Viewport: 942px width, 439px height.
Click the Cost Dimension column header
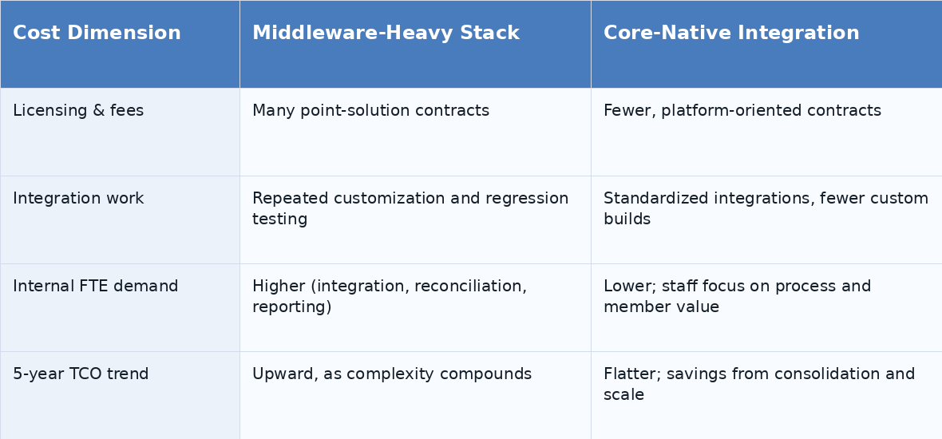(97, 33)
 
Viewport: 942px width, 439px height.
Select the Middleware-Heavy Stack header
(386, 33)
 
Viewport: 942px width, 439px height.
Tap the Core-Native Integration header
(731, 33)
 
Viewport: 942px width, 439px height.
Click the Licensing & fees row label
(78, 110)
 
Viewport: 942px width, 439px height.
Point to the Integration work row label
(78, 198)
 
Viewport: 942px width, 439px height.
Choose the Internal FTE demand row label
(96, 286)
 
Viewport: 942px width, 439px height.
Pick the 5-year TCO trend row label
(81, 374)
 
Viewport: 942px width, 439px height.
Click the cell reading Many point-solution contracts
(370, 110)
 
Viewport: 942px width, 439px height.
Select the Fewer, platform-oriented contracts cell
(742, 110)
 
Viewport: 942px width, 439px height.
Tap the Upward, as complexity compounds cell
(392, 374)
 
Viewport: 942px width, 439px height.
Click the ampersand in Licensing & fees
(98, 110)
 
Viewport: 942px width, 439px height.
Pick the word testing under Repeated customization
(279, 219)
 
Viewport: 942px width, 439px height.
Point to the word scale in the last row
(623, 394)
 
